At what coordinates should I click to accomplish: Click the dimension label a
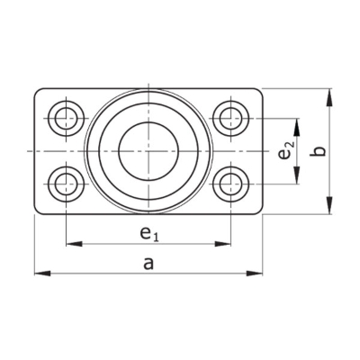pyautogui.click(x=148, y=264)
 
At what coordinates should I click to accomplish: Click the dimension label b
pyautogui.click(x=319, y=151)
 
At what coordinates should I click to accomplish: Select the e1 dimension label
pyautogui.click(x=149, y=233)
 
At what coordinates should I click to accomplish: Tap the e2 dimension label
pyautogui.click(x=285, y=152)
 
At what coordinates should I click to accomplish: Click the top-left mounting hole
pyautogui.click(x=66, y=118)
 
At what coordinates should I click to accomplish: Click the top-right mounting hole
pyautogui.click(x=230, y=118)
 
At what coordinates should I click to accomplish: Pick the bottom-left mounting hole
pyautogui.click(x=66, y=184)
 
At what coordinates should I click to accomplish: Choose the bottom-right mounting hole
pyautogui.click(x=230, y=184)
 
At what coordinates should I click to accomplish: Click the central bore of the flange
pyautogui.click(x=148, y=151)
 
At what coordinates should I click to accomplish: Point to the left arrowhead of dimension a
pyautogui.click(x=42, y=273)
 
